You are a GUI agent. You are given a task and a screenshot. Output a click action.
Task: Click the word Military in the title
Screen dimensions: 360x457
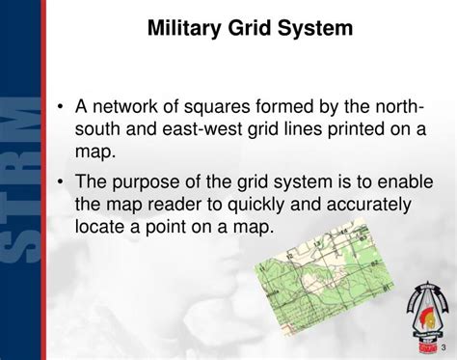point(182,29)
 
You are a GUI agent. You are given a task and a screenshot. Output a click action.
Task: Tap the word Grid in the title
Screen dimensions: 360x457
point(252,29)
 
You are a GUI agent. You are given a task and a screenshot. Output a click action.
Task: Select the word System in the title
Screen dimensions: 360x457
point(317,29)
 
